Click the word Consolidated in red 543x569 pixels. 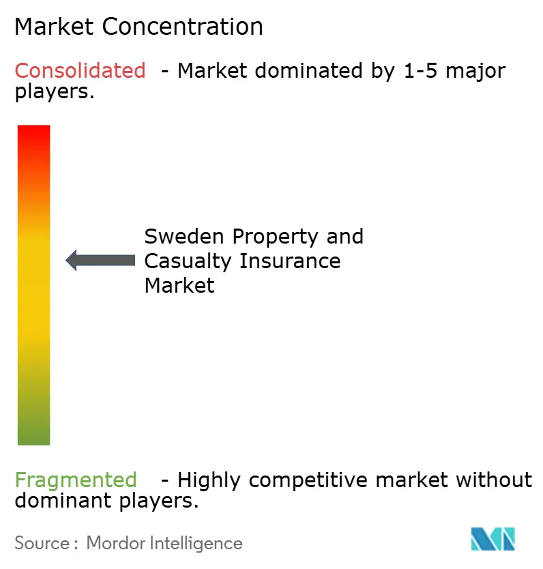(80, 70)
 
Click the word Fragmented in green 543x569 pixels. (76, 480)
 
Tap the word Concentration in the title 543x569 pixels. (184, 27)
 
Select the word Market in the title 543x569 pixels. (55, 27)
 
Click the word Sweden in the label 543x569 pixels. (184, 237)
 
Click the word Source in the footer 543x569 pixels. (42, 543)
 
